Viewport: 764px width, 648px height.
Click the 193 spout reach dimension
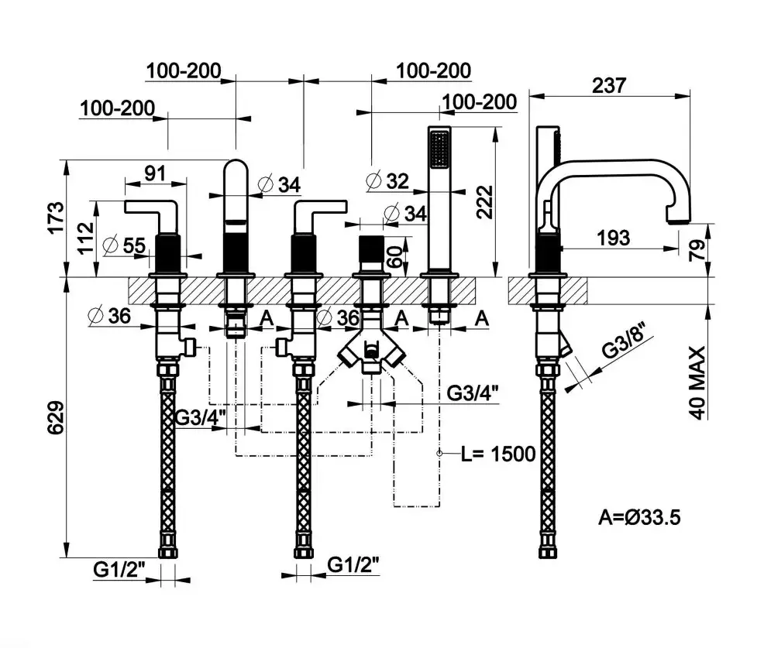(x=614, y=238)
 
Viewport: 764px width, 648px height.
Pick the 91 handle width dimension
(x=155, y=173)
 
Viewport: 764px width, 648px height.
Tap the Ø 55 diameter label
(x=123, y=245)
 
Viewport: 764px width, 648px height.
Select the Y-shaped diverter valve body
(x=372, y=352)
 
